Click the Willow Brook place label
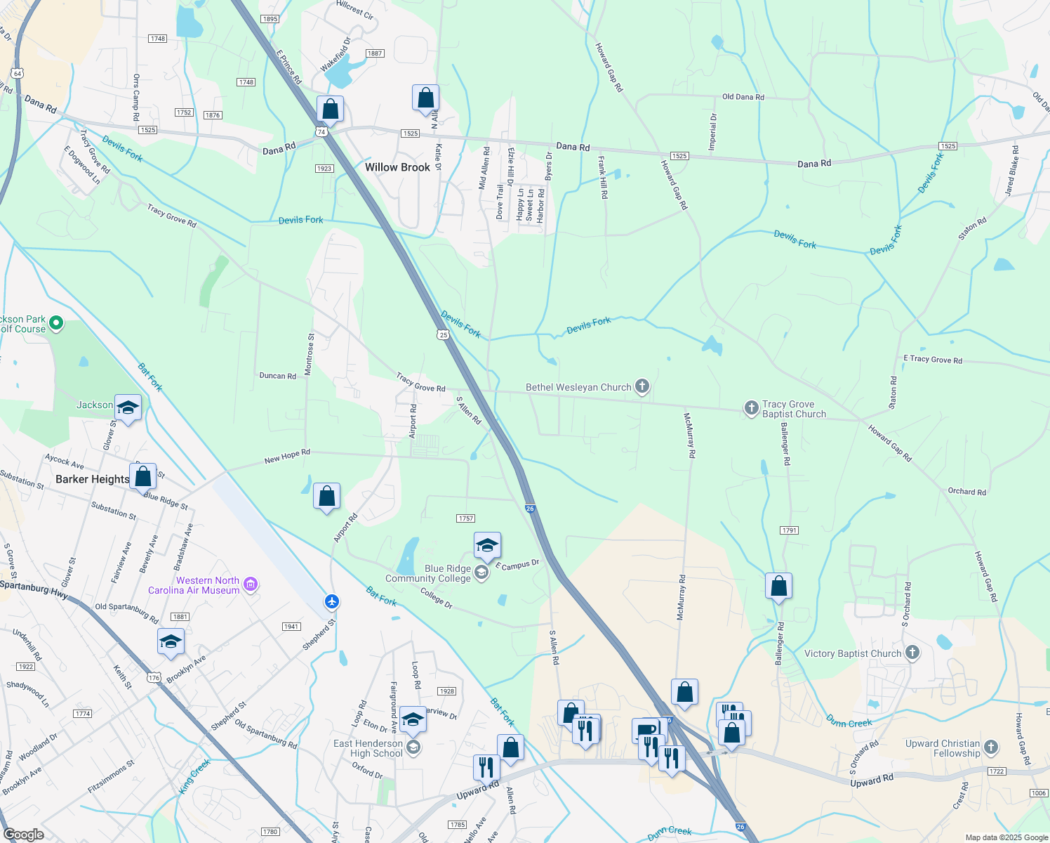point(397,167)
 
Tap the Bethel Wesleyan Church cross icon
point(642,386)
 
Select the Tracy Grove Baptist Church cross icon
point(751,408)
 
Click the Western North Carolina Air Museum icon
point(251,584)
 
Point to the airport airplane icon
point(332,602)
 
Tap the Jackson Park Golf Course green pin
point(56,324)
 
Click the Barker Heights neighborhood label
point(92,479)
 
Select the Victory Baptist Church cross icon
point(912,653)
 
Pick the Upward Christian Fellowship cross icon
point(991,747)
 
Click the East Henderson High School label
point(368,748)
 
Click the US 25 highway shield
point(443,334)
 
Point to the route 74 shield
point(321,131)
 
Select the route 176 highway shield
point(154,678)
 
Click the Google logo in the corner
point(23,834)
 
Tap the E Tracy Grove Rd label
point(932,359)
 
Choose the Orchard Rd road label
point(966,492)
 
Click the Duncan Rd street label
point(277,376)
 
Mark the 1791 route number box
point(789,530)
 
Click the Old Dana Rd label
point(743,97)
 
